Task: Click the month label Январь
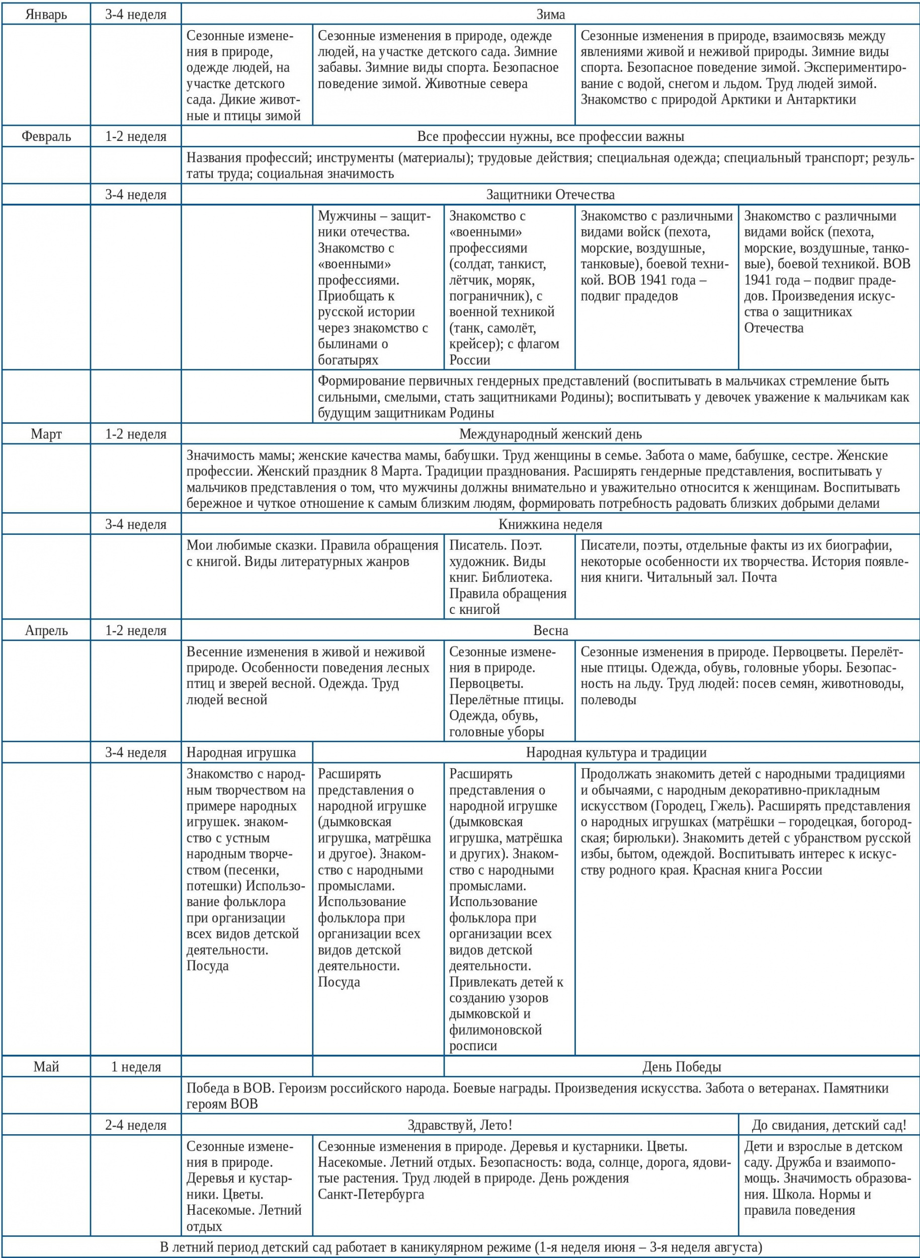click(x=46, y=15)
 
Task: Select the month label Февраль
click(x=46, y=136)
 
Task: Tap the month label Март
click(x=46, y=434)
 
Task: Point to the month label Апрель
click(x=46, y=631)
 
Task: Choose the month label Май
click(x=46, y=1067)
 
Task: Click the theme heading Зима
click(x=550, y=15)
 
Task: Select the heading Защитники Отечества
click(x=550, y=195)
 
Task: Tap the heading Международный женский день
click(x=550, y=434)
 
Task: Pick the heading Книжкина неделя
click(x=550, y=524)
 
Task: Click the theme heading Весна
click(x=550, y=631)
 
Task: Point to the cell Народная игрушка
click(x=241, y=753)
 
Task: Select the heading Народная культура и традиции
click(x=616, y=753)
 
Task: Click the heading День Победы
click(x=682, y=1067)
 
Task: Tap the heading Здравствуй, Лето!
click(x=459, y=1125)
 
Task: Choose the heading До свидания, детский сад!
click(x=828, y=1125)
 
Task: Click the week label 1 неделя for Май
click(x=136, y=1067)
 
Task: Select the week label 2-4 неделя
click(x=136, y=1125)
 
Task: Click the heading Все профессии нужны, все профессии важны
click(x=550, y=136)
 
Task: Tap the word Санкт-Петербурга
click(x=371, y=1194)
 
